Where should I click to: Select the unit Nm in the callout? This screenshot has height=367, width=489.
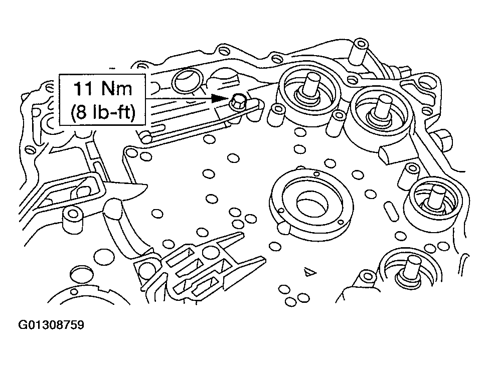point(119,89)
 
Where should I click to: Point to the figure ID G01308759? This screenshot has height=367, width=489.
point(52,325)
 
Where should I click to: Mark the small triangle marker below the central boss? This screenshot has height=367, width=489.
point(309,271)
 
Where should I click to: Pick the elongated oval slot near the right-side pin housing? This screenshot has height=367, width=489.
point(389,154)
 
